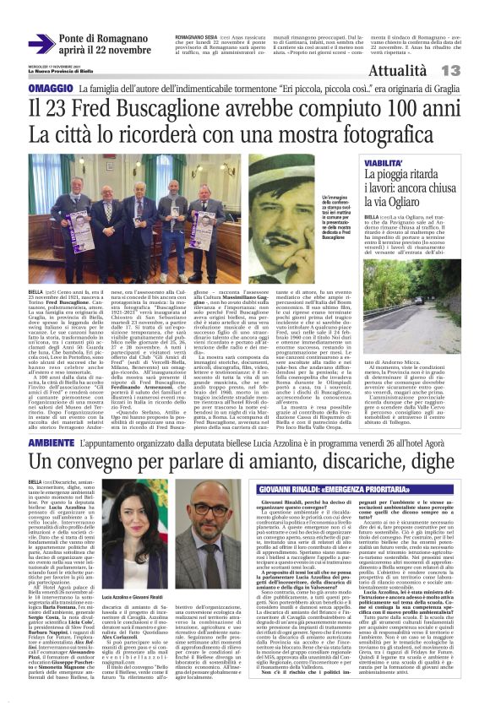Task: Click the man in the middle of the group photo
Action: pyautogui.click(x=141, y=212)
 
